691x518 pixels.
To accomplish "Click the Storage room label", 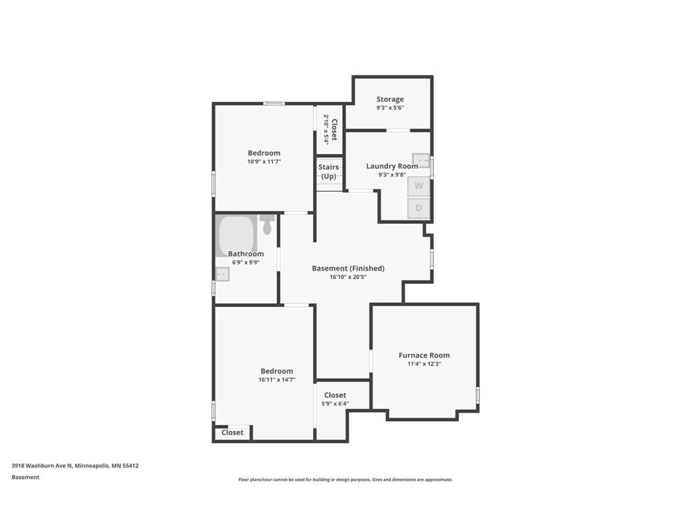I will click(390, 99).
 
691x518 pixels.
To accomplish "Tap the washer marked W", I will click(418, 186).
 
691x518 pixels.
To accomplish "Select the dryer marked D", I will click(418, 208).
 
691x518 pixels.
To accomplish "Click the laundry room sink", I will click(421, 161).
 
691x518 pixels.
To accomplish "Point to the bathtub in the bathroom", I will click(236, 235).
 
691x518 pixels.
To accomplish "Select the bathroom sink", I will click(222, 274).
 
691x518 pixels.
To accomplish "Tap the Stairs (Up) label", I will click(329, 171).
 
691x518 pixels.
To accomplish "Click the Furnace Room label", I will click(424, 355).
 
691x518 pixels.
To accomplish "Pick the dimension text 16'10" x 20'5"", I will click(348, 277).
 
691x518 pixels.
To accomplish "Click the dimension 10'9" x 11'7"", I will click(264, 161).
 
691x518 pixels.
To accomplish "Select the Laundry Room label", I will click(392, 166).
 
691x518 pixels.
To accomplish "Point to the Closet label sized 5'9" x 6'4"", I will click(335, 395).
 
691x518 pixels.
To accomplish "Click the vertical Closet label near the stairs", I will click(334, 129).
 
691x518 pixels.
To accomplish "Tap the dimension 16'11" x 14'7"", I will click(277, 380).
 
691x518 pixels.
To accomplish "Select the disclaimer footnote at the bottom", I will click(345, 480).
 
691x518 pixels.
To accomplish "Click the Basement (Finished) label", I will click(348, 268).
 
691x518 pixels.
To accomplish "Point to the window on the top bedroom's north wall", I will click(273, 103).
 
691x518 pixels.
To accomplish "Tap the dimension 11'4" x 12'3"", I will click(424, 364).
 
